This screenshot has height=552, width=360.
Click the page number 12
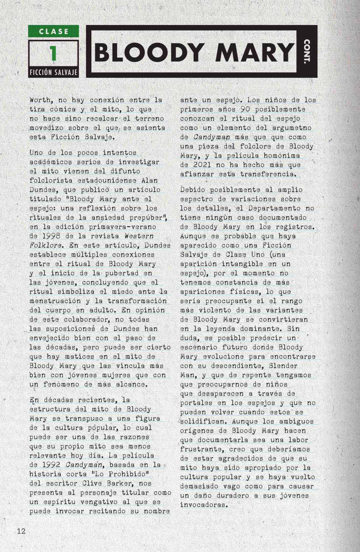21,531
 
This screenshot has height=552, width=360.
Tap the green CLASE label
53,32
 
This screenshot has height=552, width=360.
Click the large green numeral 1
53,53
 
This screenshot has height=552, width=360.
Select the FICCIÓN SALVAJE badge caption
53,72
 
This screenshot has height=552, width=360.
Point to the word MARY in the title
254,52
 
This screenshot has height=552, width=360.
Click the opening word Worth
40,100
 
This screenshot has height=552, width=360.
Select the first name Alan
149,180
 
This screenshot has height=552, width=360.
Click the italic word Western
139,236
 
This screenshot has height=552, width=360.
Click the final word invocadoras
203,505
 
